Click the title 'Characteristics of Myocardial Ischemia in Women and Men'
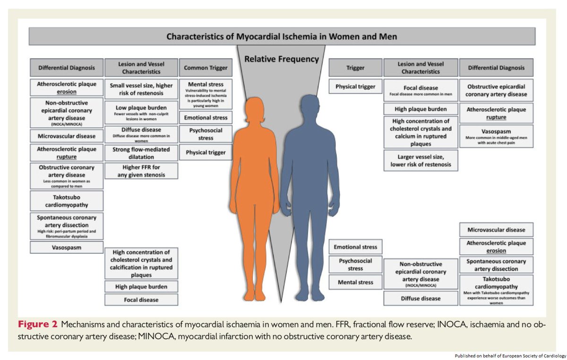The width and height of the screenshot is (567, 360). point(282,36)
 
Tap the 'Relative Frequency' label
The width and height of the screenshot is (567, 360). point(282,60)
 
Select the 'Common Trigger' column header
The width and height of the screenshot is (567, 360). point(206,68)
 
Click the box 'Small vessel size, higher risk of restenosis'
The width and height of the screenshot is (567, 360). point(141,90)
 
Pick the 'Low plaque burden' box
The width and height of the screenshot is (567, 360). point(141,113)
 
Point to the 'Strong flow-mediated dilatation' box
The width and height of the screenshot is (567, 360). point(141,152)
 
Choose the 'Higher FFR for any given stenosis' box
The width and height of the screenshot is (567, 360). point(141,171)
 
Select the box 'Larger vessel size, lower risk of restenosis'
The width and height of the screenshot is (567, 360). point(420,161)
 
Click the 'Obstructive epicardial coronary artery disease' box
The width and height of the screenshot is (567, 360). point(496,90)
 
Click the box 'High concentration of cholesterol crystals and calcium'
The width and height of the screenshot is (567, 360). point(420,132)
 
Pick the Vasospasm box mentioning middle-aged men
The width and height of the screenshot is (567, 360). point(496,136)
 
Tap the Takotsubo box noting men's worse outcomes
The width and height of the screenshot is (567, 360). point(496,290)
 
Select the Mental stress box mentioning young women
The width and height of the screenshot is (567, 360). point(206,94)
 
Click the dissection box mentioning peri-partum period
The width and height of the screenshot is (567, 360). point(66,226)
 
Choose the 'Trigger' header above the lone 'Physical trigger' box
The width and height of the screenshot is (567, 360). point(355,68)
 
